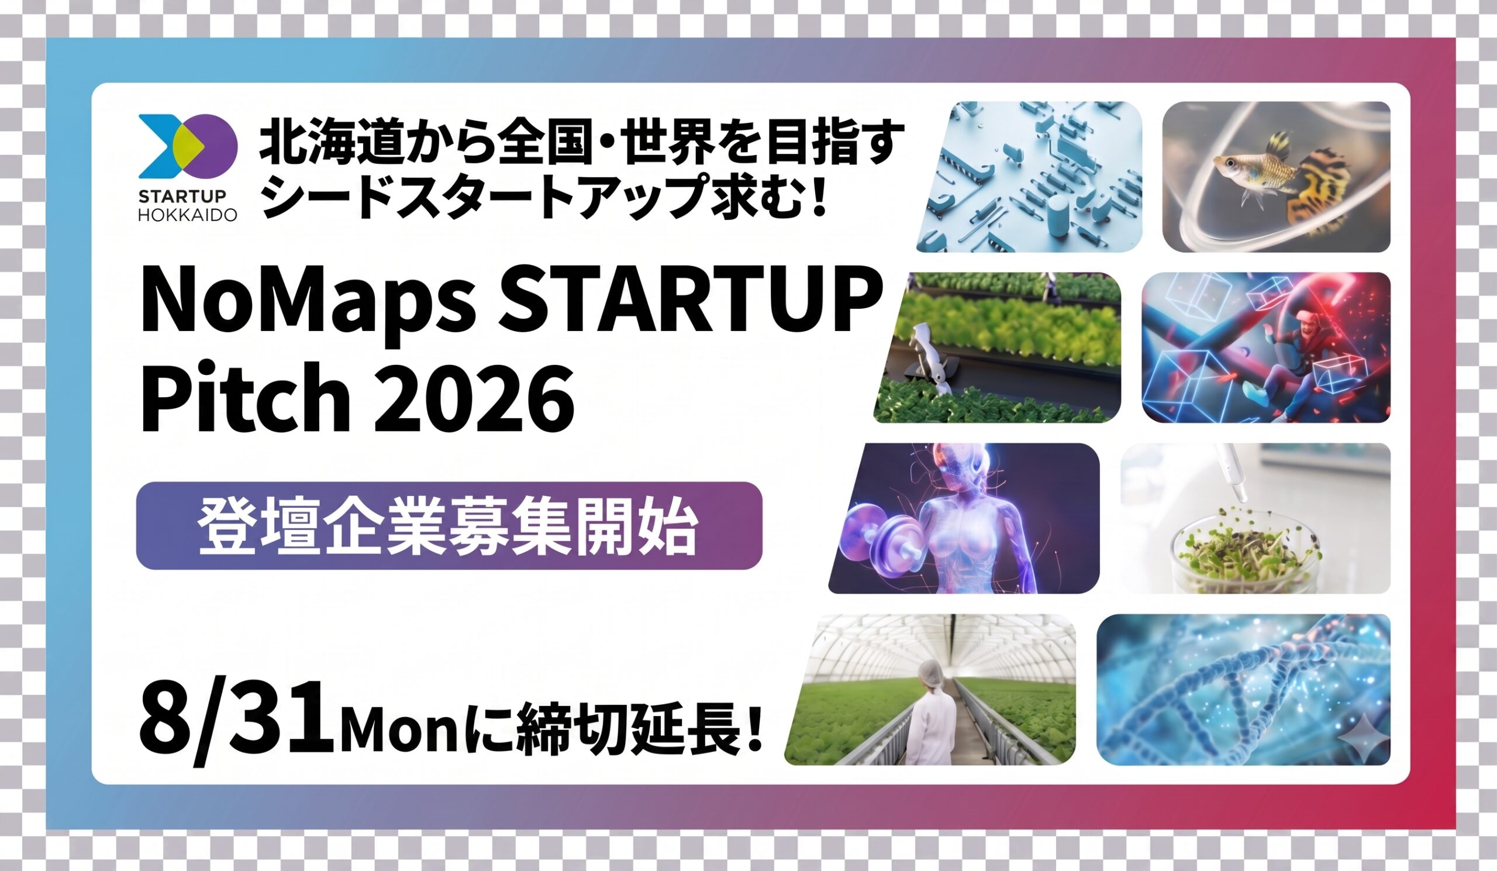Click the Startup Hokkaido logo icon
[188, 146]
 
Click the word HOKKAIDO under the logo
[188, 215]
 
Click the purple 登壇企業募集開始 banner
[449, 526]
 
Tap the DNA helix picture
[1243, 690]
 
